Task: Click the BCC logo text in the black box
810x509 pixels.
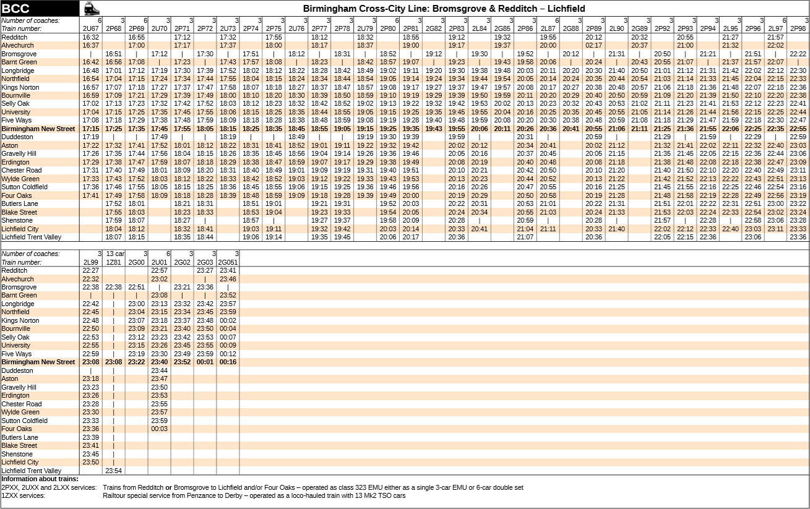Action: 16,9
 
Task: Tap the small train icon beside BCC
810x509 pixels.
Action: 92,9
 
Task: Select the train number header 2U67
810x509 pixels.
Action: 90,28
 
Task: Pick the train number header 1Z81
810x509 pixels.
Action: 113,262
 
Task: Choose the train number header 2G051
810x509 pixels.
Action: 228,262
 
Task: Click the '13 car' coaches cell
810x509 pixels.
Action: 115,254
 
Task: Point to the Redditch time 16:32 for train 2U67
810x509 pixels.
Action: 90,37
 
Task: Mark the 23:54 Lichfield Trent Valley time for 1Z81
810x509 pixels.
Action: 113,471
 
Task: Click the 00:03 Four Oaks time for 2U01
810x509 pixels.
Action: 159,429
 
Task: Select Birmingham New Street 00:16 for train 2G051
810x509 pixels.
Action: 228,362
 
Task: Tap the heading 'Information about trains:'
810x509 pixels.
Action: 40,479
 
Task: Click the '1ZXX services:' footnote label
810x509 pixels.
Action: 23,495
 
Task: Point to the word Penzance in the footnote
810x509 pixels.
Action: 202,495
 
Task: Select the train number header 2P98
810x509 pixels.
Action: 798,28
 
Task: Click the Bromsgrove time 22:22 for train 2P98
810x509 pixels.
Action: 798,54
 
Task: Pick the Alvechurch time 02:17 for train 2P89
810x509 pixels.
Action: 593,45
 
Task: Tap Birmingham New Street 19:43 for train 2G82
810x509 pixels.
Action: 434,129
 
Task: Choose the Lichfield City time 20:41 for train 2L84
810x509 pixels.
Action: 480,229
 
